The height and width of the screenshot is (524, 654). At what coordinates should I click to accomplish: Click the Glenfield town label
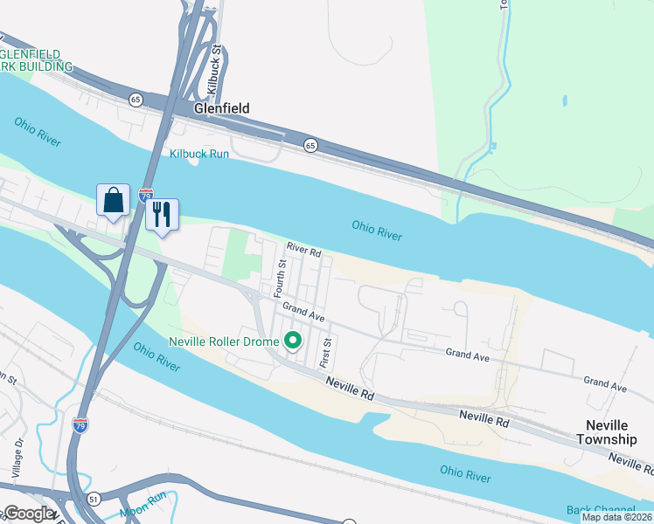point(222,108)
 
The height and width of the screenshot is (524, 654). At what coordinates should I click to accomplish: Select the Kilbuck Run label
point(198,154)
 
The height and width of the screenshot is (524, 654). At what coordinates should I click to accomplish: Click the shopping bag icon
point(114,201)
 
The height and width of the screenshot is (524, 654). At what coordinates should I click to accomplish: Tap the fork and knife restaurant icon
point(162,215)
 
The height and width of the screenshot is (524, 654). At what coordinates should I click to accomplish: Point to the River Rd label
point(303,250)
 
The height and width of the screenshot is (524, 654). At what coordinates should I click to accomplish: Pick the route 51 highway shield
point(93,498)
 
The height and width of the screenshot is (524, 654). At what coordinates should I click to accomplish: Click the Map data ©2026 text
point(616,517)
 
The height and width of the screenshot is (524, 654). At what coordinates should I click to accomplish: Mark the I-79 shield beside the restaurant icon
point(146,196)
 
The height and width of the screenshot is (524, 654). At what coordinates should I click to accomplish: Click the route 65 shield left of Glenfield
point(136,100)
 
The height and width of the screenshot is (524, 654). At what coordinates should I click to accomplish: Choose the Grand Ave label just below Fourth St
point(303,310)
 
